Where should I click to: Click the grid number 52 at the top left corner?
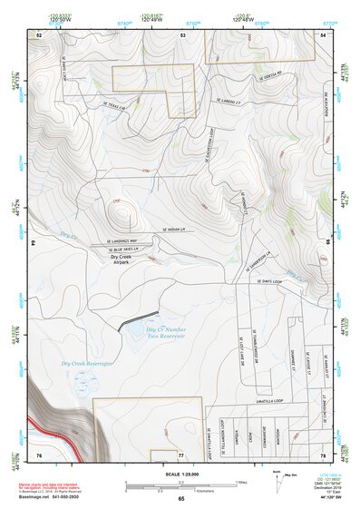(x=39, y=34)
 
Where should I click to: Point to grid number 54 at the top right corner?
(x=324, y=34)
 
